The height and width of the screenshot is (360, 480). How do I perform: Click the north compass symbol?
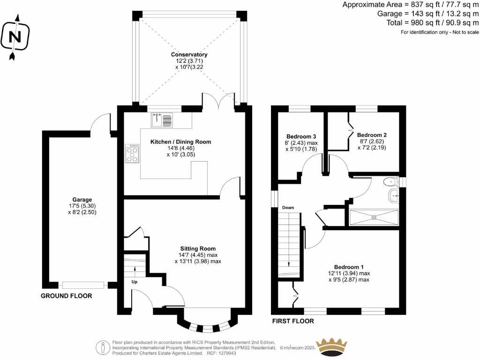click(15, 37)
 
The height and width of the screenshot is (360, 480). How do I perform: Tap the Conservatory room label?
click(189, 55)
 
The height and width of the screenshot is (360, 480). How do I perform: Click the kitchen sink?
click(162, 120)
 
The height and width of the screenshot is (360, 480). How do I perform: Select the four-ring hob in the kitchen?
click(133, 153)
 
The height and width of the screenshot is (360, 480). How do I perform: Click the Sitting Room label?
click(198, 248)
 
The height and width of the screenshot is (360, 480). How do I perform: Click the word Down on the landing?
click(287, 208)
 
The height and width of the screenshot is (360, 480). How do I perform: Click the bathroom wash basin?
click(393, 196)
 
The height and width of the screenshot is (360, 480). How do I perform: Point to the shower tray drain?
click(374, 217)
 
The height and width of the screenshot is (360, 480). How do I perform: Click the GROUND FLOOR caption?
click(66, 296)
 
